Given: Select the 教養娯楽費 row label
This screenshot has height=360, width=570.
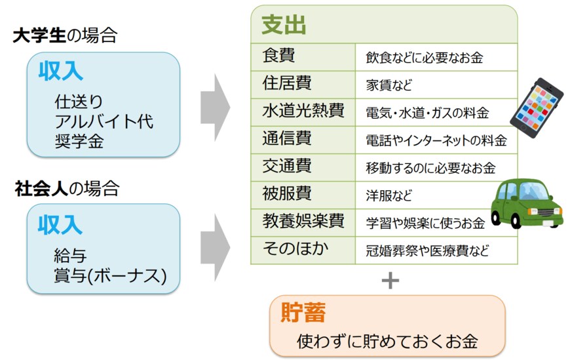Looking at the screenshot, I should (303, 222).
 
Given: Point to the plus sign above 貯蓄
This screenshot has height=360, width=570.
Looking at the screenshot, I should (390, 281).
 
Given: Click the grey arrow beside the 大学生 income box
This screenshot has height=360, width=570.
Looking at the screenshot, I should (214, 105).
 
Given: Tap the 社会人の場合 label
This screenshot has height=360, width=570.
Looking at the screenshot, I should (67, 190).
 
